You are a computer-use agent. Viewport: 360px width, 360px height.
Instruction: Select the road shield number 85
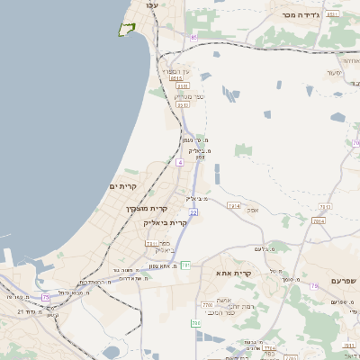tap(193, 37)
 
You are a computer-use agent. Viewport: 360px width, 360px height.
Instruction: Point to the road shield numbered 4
tap(179, 163)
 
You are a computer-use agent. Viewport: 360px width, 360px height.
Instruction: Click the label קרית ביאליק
tap(166, 222)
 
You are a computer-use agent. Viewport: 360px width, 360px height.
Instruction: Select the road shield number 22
tap(193, 212)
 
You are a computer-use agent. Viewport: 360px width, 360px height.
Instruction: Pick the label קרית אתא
tap(233, 272)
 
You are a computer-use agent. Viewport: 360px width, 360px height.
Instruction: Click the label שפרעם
tap(344, 281)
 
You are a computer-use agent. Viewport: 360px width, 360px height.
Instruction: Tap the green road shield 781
tap(185, 265)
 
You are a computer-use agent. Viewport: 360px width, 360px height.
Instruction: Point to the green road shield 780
tap(194, 322)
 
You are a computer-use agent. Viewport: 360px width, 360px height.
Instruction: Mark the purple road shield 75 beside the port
tap(45, 296)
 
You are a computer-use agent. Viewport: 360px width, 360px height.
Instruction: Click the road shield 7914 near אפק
tap(235, 206)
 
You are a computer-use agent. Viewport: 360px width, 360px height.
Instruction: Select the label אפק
tap(253, 210)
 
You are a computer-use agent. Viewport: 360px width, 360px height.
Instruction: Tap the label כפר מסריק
tap(189, 95)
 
